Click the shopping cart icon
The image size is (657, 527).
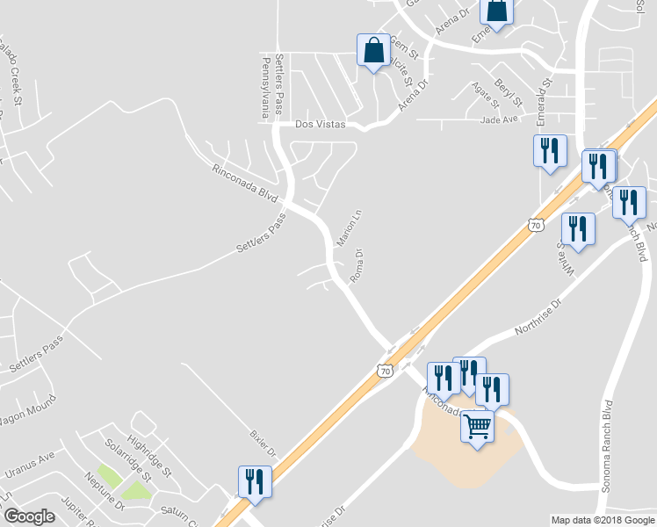(477, 427)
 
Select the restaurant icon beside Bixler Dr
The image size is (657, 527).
(255, 481)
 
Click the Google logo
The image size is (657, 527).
(29, 516)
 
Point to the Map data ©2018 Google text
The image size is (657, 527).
(603, 520)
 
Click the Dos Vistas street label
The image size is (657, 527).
(321, 125)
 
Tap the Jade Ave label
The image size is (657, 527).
(501, 120)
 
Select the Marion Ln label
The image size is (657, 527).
(349, 227)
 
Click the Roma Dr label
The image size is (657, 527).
(357, 266)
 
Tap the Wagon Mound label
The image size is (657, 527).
(26, 410)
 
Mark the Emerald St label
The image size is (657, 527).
(545, 96)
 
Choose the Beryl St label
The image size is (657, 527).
(509, 90)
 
